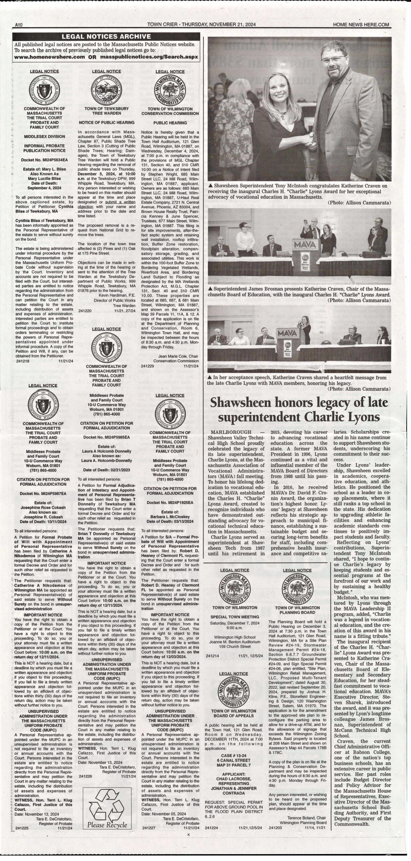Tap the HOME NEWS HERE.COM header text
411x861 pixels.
click(361, 25)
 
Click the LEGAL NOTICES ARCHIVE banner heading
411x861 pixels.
click(106, 37)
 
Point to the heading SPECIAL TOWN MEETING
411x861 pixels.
click(235, 616)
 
